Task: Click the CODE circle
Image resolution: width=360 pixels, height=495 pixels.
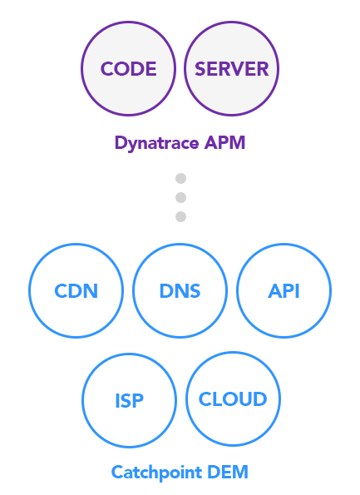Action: (128, 68)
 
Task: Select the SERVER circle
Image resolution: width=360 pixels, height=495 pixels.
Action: (232, 68)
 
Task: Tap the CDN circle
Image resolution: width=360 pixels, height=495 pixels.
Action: (76, 290)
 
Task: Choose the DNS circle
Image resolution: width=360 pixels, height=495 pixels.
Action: (180, 290)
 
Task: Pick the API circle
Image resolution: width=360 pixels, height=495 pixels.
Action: (284, 290)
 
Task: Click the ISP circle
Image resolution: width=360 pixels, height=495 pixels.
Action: (129, 400)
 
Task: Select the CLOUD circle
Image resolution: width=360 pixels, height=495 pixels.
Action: (233, 399)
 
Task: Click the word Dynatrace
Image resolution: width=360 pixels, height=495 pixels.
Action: (157, 143)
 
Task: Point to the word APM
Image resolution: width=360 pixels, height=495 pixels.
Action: (224, 143)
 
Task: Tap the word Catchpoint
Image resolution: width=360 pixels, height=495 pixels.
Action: (156, 473)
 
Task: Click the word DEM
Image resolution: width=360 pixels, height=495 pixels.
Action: (228, 473)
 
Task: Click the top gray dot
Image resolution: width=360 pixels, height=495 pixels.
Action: (180, 178)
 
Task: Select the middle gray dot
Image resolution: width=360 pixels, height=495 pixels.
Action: (180, 198)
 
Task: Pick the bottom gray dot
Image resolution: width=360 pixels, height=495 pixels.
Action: (180, 217)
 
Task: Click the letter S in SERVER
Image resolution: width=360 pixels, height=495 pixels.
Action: (200, 69)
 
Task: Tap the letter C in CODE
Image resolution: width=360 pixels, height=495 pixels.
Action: (107, 69)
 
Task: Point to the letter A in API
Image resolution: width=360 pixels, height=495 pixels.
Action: (275, 291)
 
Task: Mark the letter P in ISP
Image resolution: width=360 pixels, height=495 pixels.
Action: (137, 401)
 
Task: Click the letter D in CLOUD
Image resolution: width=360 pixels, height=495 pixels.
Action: (260, 399)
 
